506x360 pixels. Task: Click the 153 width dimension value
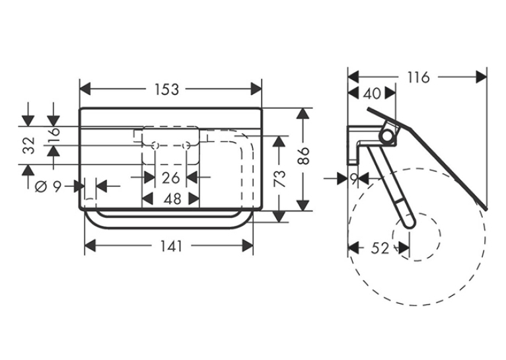166,90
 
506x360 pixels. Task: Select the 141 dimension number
171,247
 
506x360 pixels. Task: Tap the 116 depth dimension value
418,77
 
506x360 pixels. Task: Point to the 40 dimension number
372,94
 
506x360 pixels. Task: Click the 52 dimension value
380,248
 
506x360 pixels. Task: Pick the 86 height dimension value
303,156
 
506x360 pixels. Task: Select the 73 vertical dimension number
280,179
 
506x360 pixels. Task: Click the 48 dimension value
172,199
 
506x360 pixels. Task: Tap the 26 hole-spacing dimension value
170,178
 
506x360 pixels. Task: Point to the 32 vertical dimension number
29,145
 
